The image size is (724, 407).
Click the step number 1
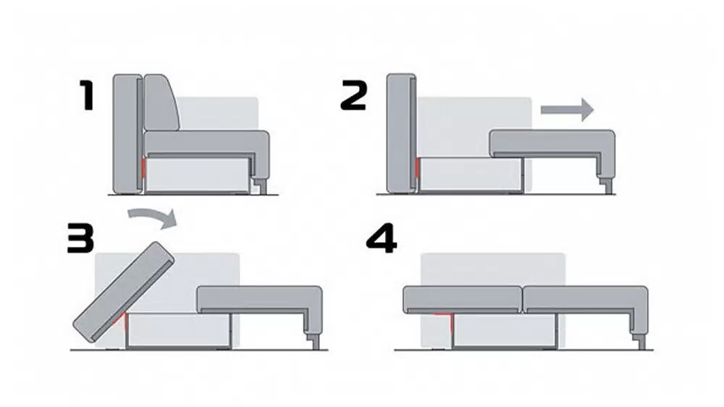[x=88, y=95]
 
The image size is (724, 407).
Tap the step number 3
[x=81, y=238]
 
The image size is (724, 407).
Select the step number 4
[x=382, y=238]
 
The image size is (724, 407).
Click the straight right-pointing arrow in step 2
[x=567, y=109]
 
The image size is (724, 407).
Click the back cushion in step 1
[x=161, y=102]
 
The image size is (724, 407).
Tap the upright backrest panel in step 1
[x=128, y=133]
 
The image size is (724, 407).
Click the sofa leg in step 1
[x=262, y=186]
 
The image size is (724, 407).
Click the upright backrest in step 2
[x=401, y=133]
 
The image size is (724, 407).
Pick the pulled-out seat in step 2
[x=552, y=153]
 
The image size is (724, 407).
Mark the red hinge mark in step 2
[x=418, y=169]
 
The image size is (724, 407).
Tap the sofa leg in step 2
[x=608, y=186]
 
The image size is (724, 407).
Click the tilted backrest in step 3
[x=124, y=293]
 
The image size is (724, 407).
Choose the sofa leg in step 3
[x=316, y=342]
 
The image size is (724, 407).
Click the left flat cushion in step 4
[x=463, y=300]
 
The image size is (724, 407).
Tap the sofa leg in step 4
[x=641, y=342]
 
